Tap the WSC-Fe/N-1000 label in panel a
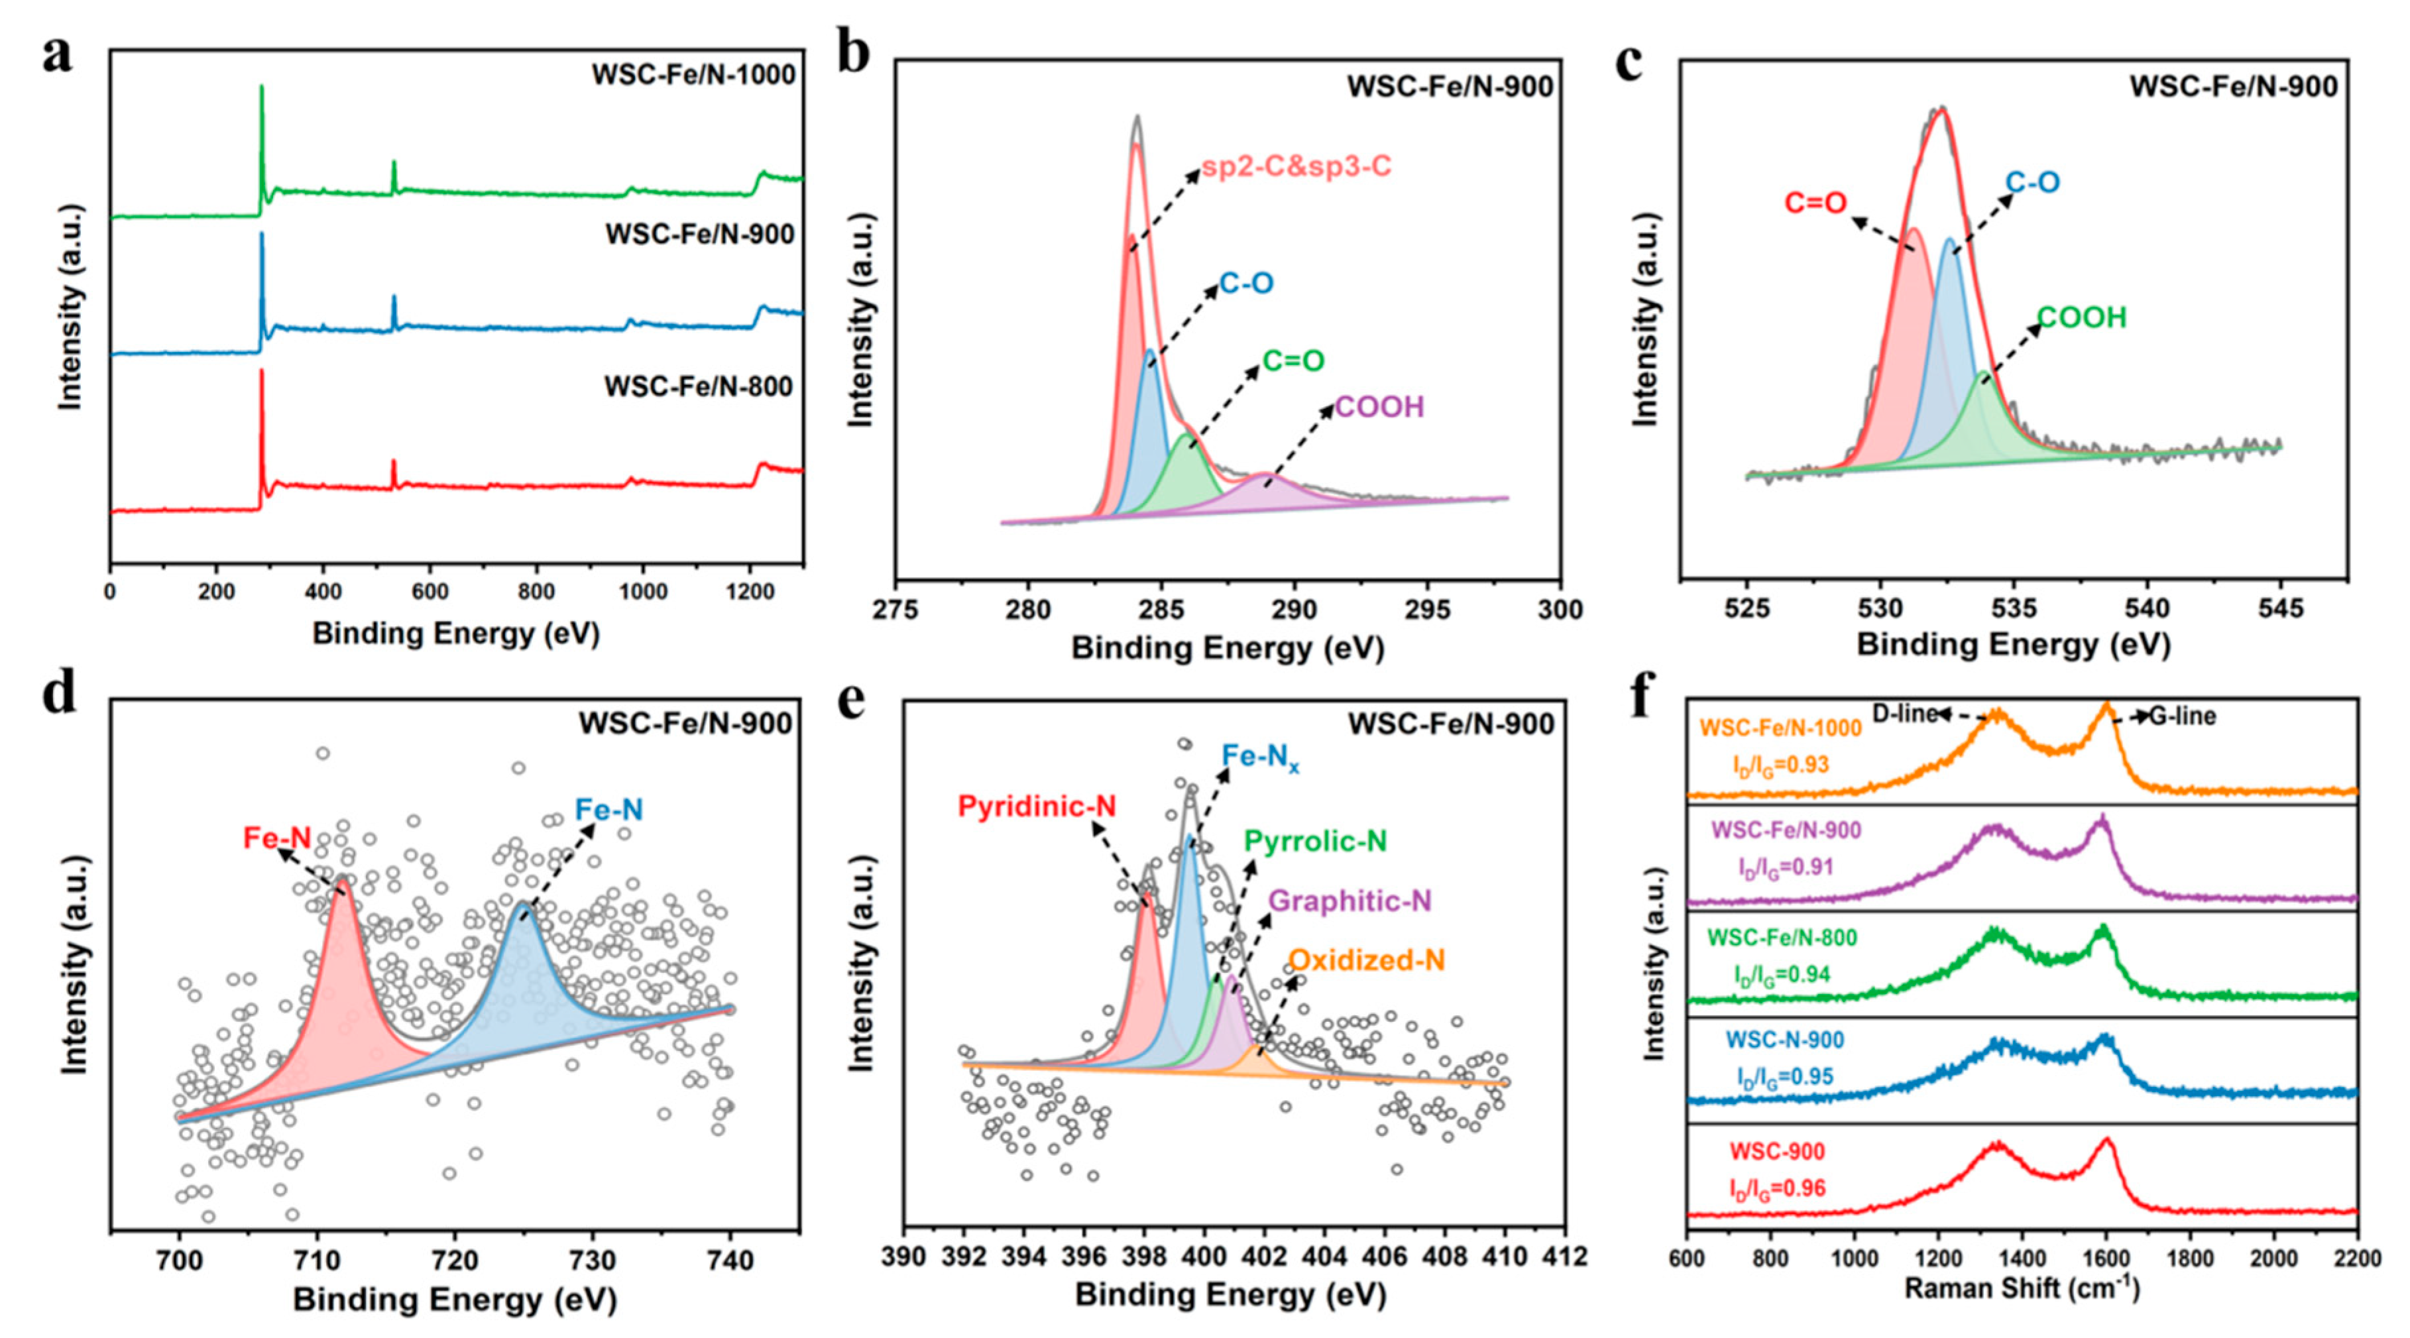click(x=693, y=75)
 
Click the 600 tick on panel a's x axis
click(x=430, y=592)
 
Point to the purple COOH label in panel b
click(x=1379, y=407)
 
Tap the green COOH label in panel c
click(x=2082, y=318)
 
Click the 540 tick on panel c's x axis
click(x=2146, y=609)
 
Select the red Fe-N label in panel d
click(x=277, y=838)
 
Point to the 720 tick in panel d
click(x=455, y=1260)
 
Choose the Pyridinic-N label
click(x=1037, y=807)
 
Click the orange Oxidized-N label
click(x=1366, y=960)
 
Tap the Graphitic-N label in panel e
click(x=1349, y=901)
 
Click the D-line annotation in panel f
click(x=1903, y=714)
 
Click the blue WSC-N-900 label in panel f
click(x=1785, y=1040)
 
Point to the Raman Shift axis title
click(x=2021, y=1290)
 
